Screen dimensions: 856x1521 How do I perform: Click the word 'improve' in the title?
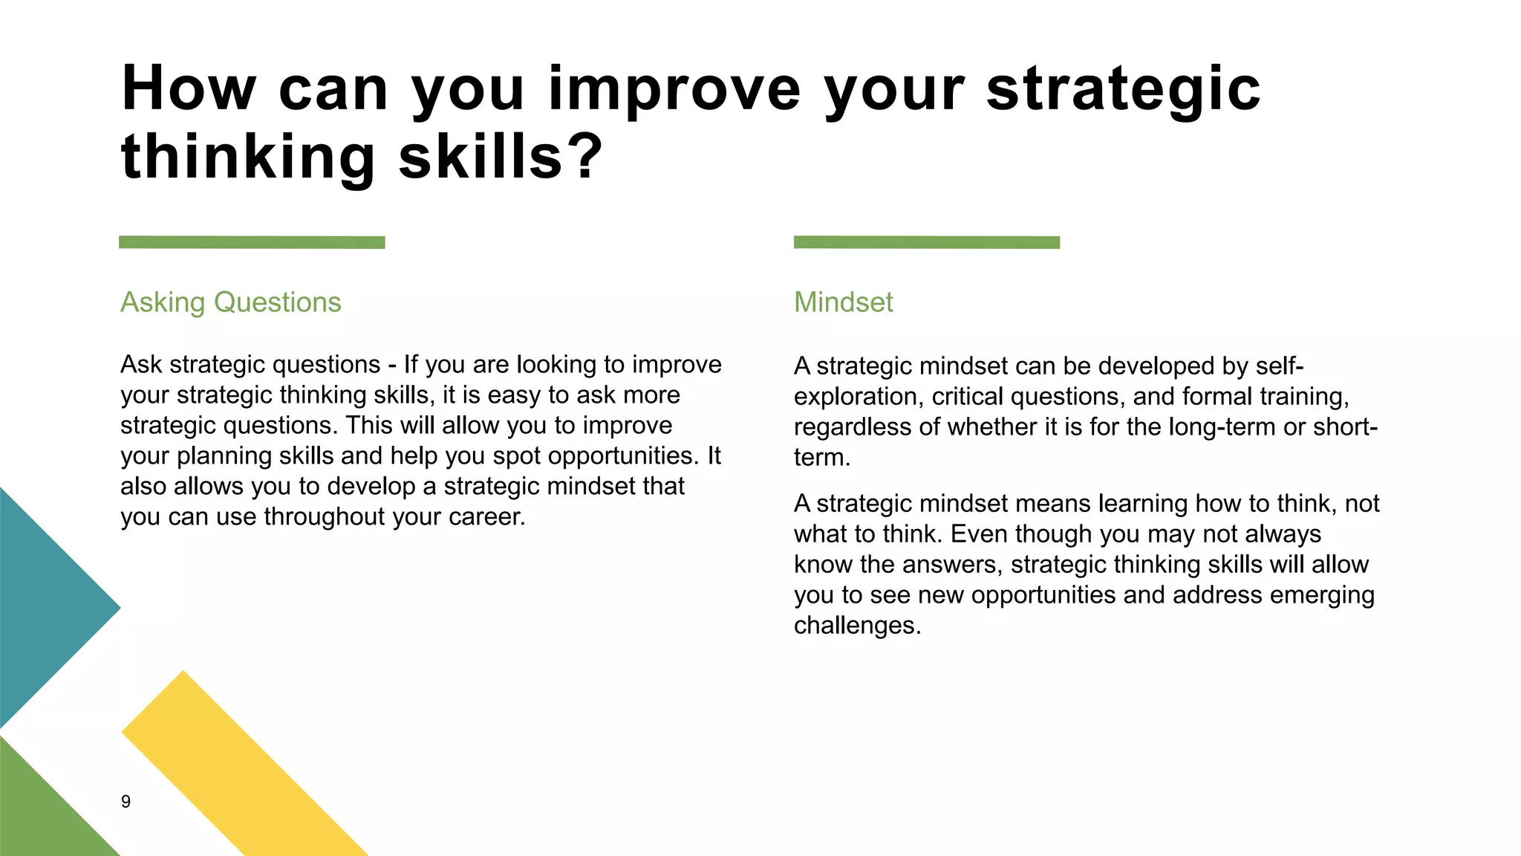[x=674, y=90]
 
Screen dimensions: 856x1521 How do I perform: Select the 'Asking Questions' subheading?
[x=230, y=302]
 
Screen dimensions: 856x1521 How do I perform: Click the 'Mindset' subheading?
[x=843, y=302]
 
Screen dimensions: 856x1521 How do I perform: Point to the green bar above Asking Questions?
[x=252, y=242]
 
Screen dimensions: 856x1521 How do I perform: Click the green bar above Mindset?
[x=926, y=242]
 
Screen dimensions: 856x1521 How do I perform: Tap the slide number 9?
[x=126, y=801]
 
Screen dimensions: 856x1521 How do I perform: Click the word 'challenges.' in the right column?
[x=857, y=626]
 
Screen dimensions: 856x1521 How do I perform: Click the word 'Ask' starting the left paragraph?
[x=141, y=365]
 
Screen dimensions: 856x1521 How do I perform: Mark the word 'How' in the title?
[x=189, y=90]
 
